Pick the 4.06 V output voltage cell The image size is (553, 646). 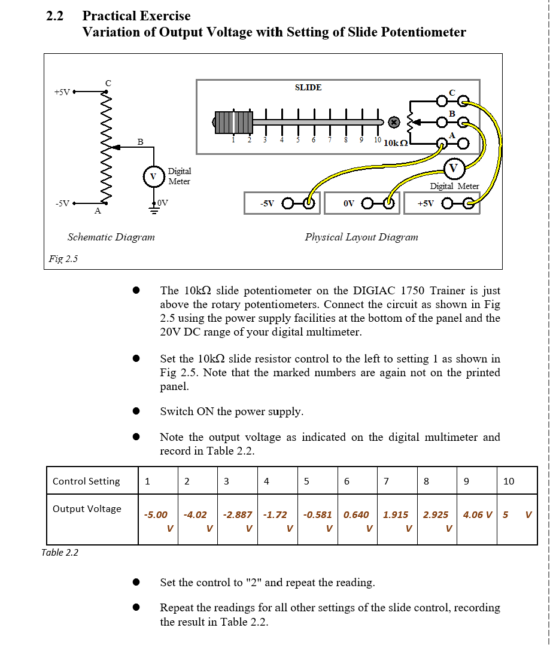pos(477,514)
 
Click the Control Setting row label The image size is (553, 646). pos(86,481)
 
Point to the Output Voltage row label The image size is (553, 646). pos(87,508)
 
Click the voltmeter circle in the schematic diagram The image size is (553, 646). pos(153,176)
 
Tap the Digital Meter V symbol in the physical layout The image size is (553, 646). pos(453,167)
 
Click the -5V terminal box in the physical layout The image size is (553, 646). pos(282,203)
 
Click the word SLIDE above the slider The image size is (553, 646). pos(308,87)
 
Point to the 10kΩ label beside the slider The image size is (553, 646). pos(396,144)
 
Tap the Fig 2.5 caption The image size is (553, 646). pos(63,259)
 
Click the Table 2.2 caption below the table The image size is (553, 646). pos(60,552)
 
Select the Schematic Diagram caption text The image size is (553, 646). pos(111,237)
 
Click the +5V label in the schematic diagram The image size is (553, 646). pos(62,92)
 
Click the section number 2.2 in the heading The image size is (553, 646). pos(55,16)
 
